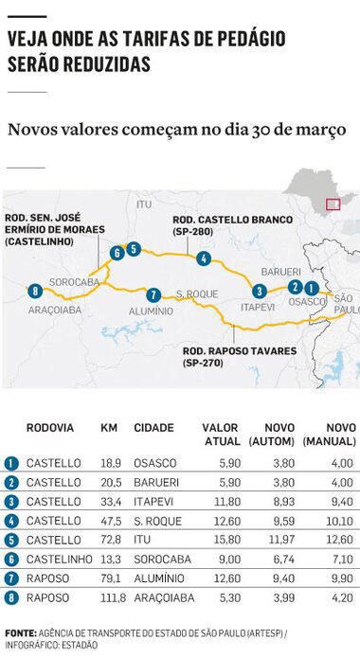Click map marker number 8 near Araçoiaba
pyautogui.click(x=35, y=291)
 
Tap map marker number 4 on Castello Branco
pyautogui.click(x=204, y=258)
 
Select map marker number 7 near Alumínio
pyautogui.click(x=154, y=294)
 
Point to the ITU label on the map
pyautogui.click(x=144, y=204)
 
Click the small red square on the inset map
pyautogui.click(x=333, y=202)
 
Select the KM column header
pyautogui.click(x=109, y=427)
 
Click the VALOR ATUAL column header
pyautogui.click(x=221, y=435)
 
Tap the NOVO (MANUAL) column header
pyautogui.click(x=328, y=435)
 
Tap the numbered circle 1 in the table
pyautogui.click(x=11, y=463)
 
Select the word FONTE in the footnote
pyautogui.click(x=20, y=632)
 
